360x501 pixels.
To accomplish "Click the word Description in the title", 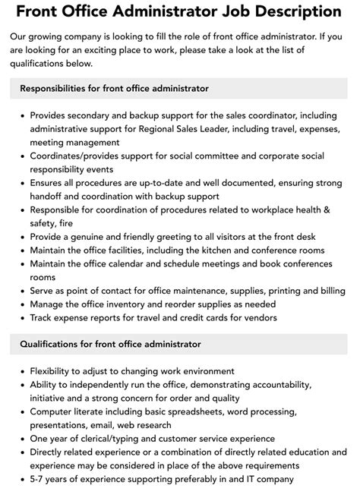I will click(283, 12).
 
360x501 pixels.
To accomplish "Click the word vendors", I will click(257, 317).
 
